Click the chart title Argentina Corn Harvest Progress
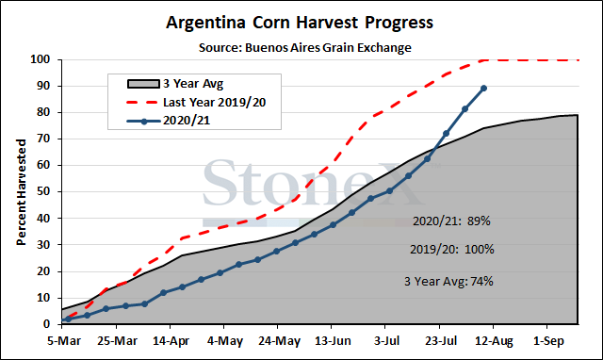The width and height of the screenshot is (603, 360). click(x=300, y=23)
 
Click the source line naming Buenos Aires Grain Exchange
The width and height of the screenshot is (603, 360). click(x=305, y=48)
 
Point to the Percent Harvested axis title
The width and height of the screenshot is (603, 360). click(x=21, y=192)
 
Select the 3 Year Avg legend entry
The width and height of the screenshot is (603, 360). click(x=175, y=84)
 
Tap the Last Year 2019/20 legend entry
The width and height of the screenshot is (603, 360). click(x=196, y=103)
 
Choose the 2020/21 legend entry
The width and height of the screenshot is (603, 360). click(x=169, y=121)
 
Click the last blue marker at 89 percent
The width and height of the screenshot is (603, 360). click(x=483, y=89)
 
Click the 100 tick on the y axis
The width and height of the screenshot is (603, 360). click(x=41, y=59)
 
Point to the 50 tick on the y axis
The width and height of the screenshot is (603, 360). click(x=43, y=191)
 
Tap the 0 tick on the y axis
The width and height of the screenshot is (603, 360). click(x=47, y=324)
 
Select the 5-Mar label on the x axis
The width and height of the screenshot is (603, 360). click(x=64, y=341)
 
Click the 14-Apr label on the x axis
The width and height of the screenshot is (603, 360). click(x=171, y=341)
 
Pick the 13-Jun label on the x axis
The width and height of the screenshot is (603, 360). click(x=333, y=341)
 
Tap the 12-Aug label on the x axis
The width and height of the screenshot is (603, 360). click(x=494, y=341)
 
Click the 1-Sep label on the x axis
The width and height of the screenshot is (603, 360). click(x=548, y=341)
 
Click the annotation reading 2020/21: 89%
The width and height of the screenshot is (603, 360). click(x=451, y=221)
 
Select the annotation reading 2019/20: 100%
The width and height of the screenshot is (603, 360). click(x=452, y=249)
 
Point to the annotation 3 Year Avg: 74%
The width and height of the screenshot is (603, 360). click(x=448, y=281)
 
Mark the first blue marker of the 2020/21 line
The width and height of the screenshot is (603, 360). click(x=68, y=319)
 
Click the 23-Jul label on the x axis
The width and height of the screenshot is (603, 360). click(x=441, y=341)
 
